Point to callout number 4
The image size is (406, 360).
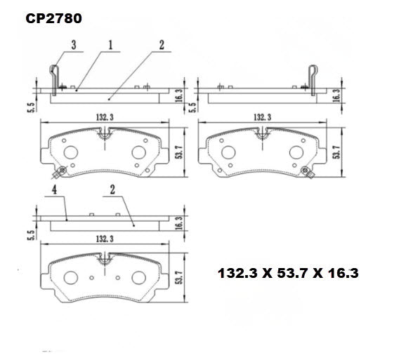click(53, 191)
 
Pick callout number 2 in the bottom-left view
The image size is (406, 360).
click(112, 191)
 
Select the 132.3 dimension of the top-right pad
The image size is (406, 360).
click(259, 116)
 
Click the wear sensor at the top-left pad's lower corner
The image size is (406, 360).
click(61, 171)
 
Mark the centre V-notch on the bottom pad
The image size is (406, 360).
click(105, 260)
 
